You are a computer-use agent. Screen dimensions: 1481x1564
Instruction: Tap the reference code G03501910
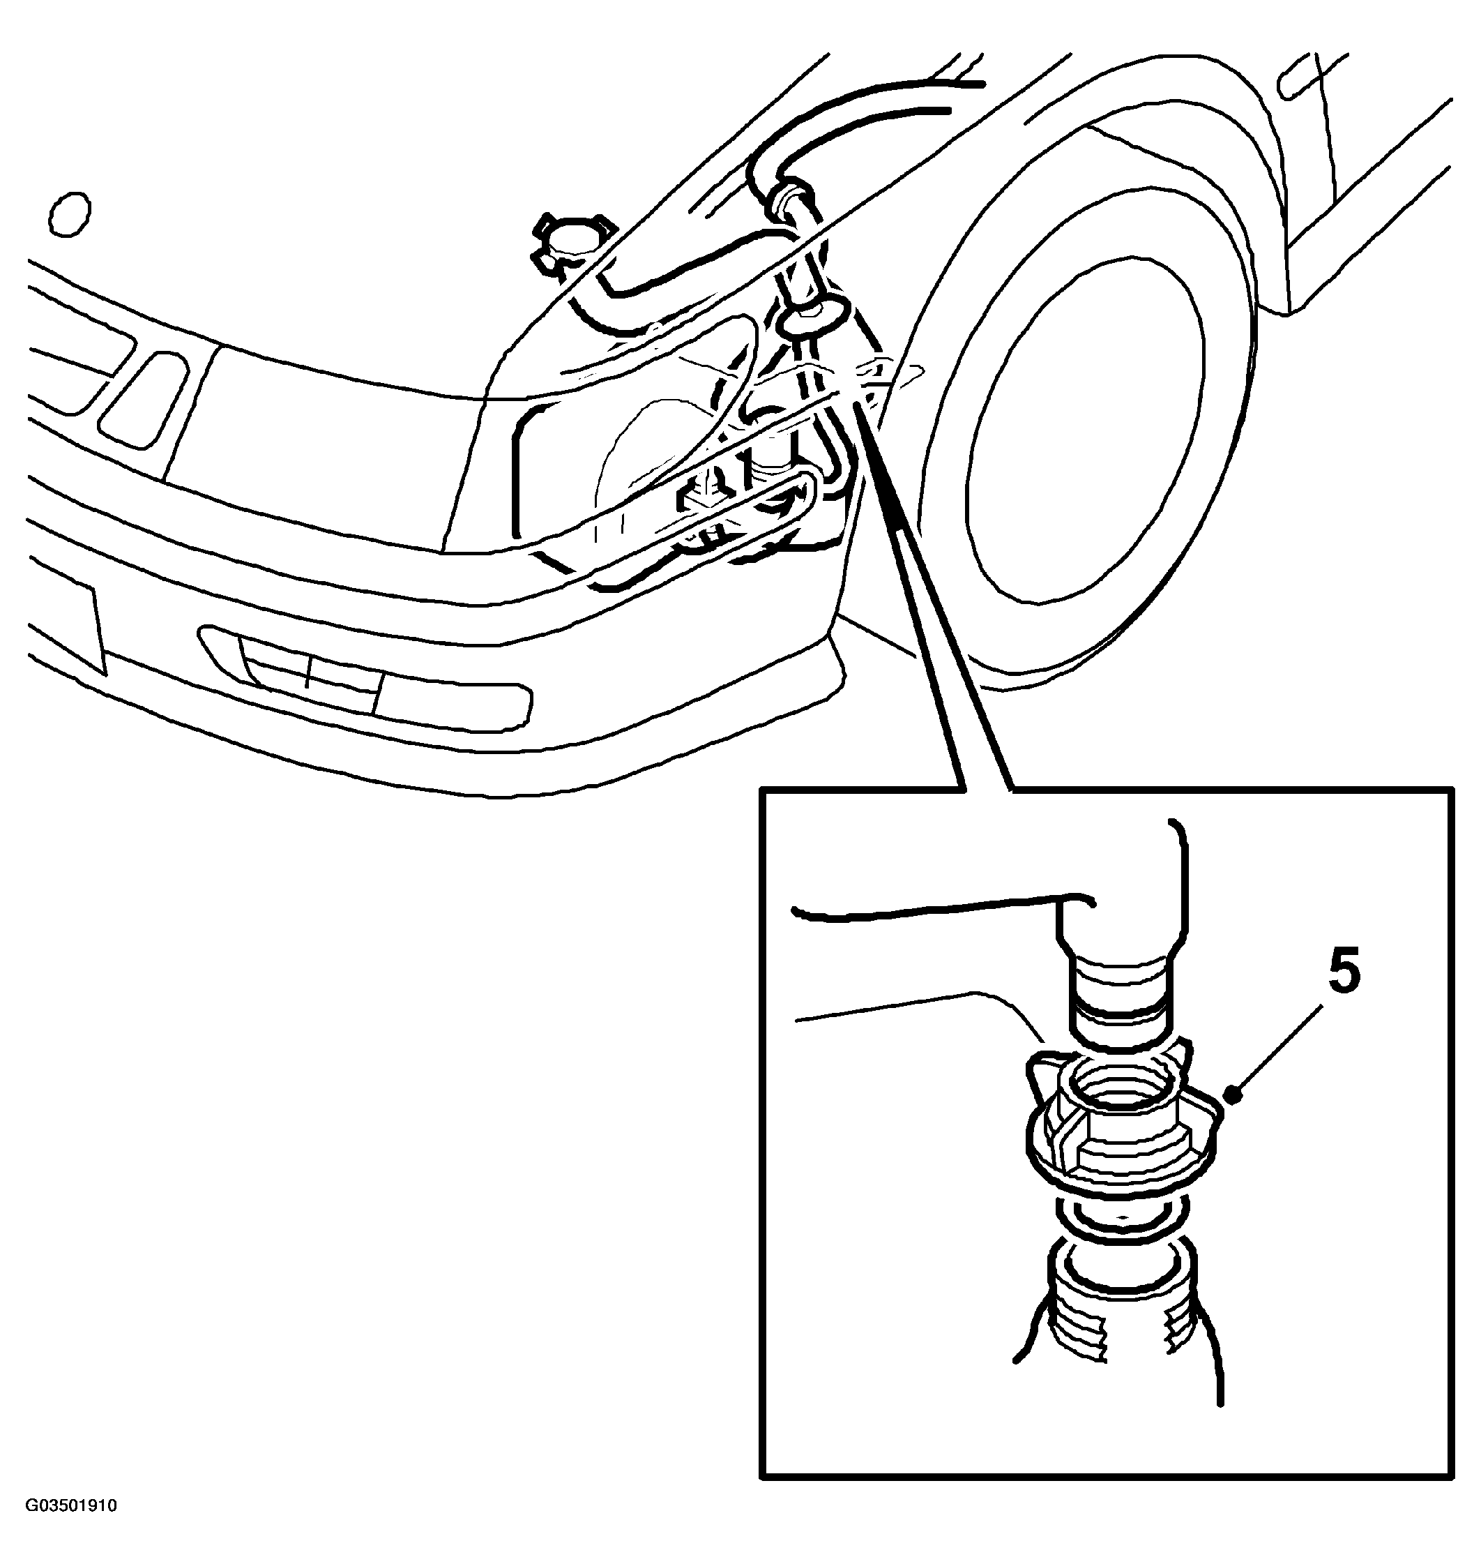coord(71,1505)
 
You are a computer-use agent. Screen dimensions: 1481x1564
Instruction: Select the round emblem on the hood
coord(70,213)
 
